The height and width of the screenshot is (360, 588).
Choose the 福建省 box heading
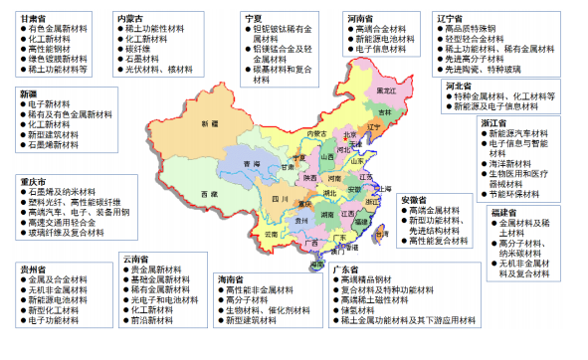point(504,212)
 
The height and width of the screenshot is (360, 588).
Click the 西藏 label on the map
point(206,192)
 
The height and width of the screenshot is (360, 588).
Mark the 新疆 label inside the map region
point(208,123)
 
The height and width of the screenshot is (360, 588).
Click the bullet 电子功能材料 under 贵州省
point(53,321)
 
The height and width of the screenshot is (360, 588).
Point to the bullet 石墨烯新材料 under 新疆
point(55,145)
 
